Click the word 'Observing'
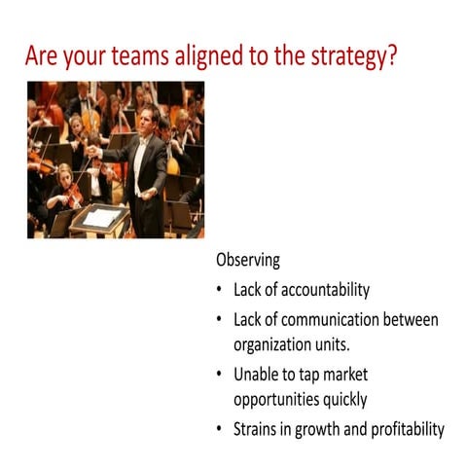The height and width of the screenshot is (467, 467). (248, 261)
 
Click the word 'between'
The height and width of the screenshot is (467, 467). (410, 319)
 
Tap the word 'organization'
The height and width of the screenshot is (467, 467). (277, 344)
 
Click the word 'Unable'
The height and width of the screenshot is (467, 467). (257, 374)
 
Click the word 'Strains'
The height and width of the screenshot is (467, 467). (257, 428)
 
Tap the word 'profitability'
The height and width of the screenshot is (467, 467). (401, 428)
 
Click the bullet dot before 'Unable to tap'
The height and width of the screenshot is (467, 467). (221, 374)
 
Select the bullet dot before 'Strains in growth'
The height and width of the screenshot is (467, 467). (221, 428)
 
